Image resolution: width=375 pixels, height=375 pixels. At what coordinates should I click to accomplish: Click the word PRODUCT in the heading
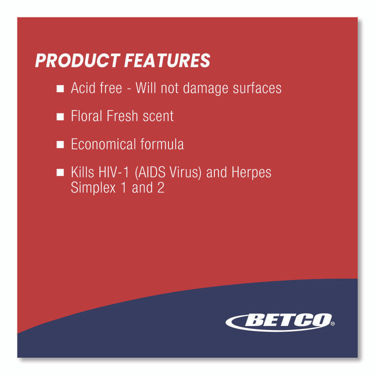click(x=77, y=61)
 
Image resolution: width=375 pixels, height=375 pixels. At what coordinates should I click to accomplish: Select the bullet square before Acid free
click(x=60, y=88)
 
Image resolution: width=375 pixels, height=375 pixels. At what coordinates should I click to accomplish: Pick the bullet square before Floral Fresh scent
click(x=60, y=116)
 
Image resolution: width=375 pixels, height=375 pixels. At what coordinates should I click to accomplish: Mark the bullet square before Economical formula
click(x=60, y=144)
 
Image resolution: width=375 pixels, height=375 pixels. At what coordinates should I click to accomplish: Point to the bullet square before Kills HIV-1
click(x=60, y=173)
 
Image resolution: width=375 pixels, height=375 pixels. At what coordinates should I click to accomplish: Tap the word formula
click(x=162, y=144)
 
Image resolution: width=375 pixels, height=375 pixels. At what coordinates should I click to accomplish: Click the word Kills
click(x=83, y=173)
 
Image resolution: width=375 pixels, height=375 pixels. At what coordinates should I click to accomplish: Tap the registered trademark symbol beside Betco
click(x=333, y=324)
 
